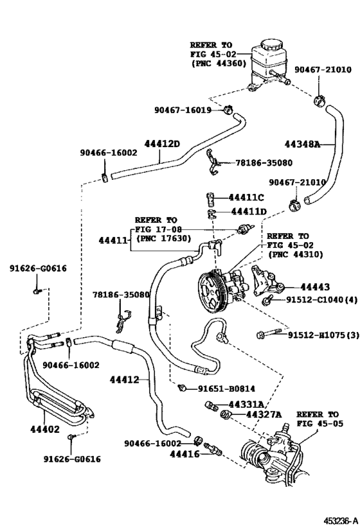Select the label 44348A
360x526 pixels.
coord(302,145)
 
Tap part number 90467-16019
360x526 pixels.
coord(183,110)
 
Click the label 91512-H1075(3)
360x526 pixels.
coord(322,335)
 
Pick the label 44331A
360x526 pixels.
coord(247,404)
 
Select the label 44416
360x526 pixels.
coord(186,454)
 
